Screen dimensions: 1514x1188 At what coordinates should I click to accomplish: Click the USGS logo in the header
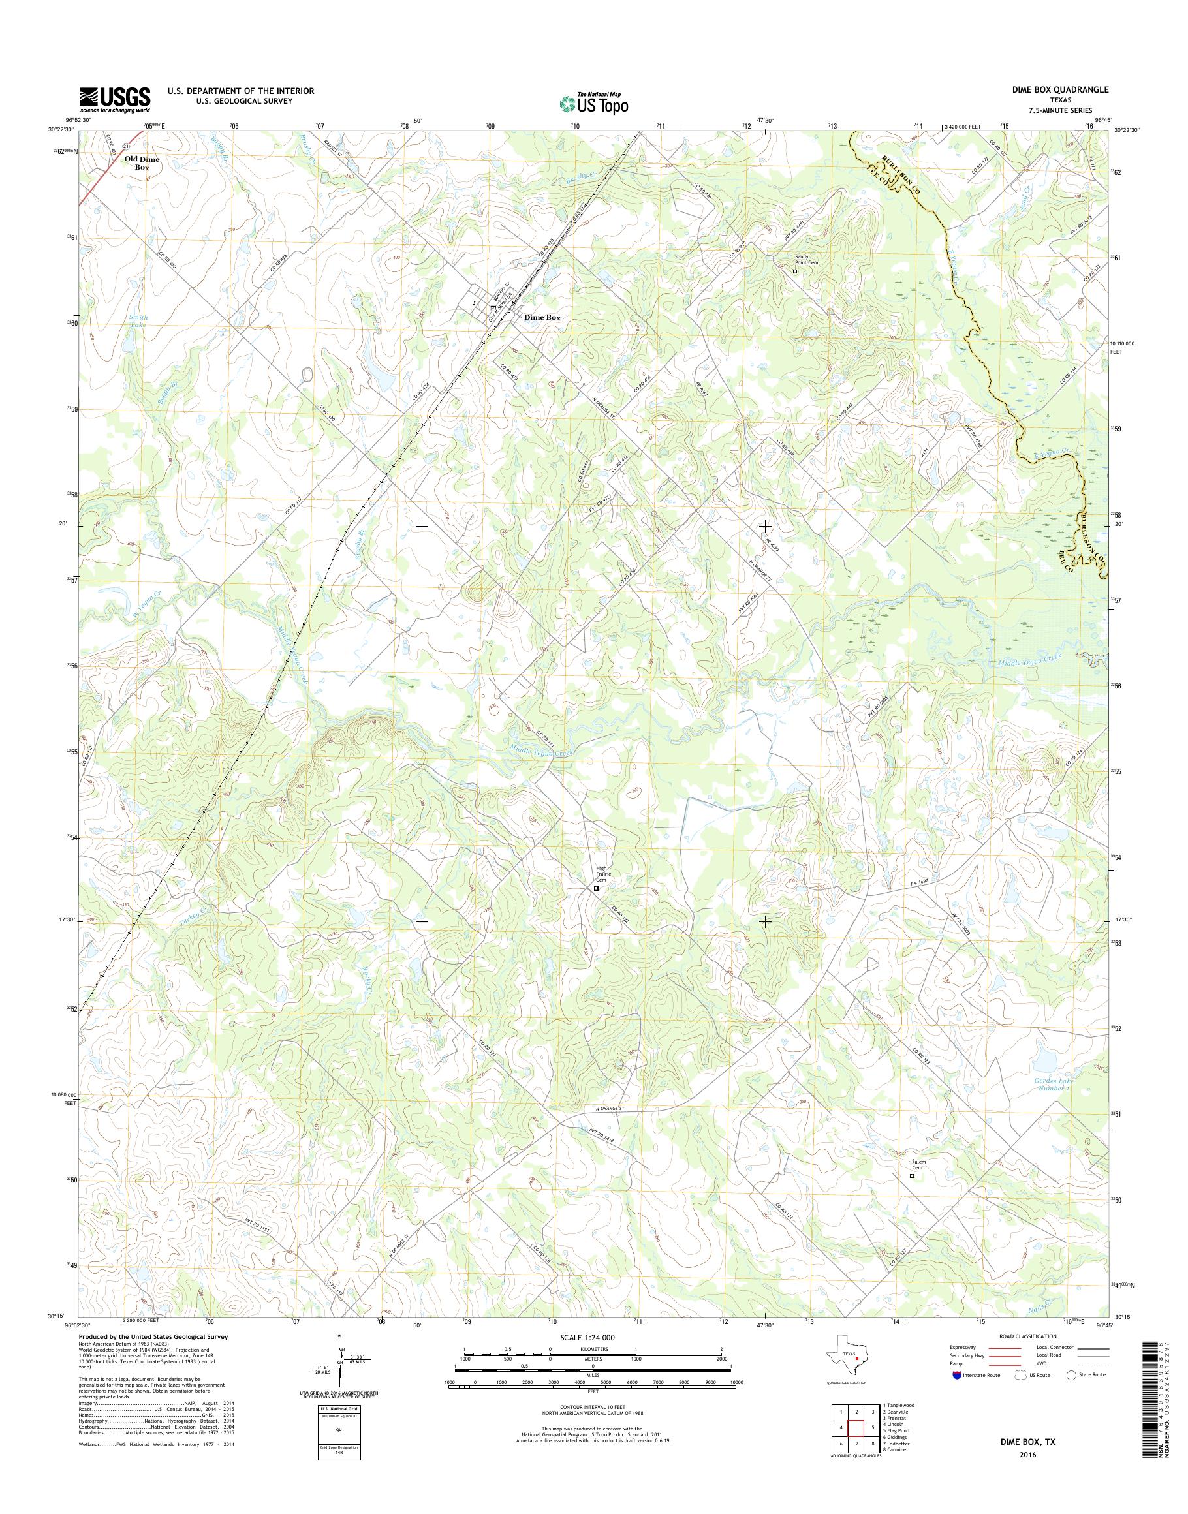click(x=115, y=99)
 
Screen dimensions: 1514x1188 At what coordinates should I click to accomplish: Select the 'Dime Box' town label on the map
click(x=542, y=317)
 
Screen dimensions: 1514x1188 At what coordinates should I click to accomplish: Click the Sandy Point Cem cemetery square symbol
click(x=795, y=272)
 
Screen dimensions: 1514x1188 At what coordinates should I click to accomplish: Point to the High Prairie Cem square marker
click(x=596, y=888)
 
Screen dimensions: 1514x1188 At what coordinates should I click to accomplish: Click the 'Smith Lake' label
click(x=138, y=320)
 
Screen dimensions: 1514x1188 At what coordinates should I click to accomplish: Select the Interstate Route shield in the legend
click(x=958, y=1375)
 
